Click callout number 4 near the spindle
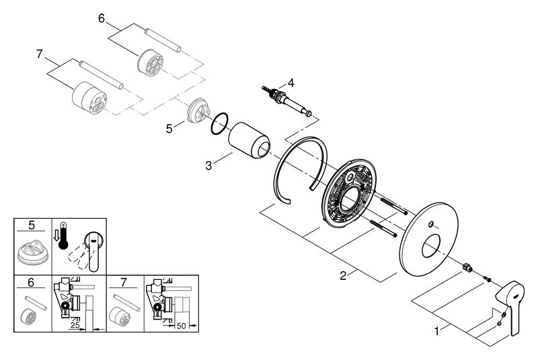291,83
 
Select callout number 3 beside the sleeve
208,166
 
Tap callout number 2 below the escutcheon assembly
343,275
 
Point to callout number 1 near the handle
436,332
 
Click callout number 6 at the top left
102,18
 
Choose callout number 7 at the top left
40,55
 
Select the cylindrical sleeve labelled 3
249,140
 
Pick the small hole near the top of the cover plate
430,225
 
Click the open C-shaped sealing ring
301,170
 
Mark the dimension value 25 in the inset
75,325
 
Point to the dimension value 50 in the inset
181,326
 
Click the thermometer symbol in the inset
63,236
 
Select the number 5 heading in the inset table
32,225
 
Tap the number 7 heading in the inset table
124,283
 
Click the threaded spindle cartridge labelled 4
287,100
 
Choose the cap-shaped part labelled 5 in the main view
198,110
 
